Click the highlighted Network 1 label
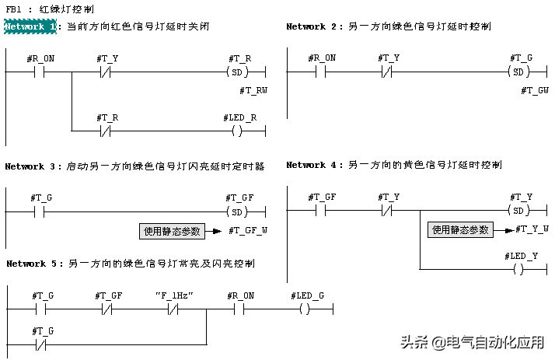tap(30, 26)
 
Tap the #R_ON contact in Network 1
tap(40, 72)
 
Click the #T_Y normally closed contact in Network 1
tap(107, 72)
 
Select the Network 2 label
tap(312, 26)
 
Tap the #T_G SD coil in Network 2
tap(519, 72)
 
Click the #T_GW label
tap(535, 91)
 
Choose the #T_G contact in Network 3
tap(40, 211)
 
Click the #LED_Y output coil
tap(519, 269)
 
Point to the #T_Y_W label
tap(534, 229)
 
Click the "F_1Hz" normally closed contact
tap(173, 309)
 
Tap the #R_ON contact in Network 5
tap(239, 309)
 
